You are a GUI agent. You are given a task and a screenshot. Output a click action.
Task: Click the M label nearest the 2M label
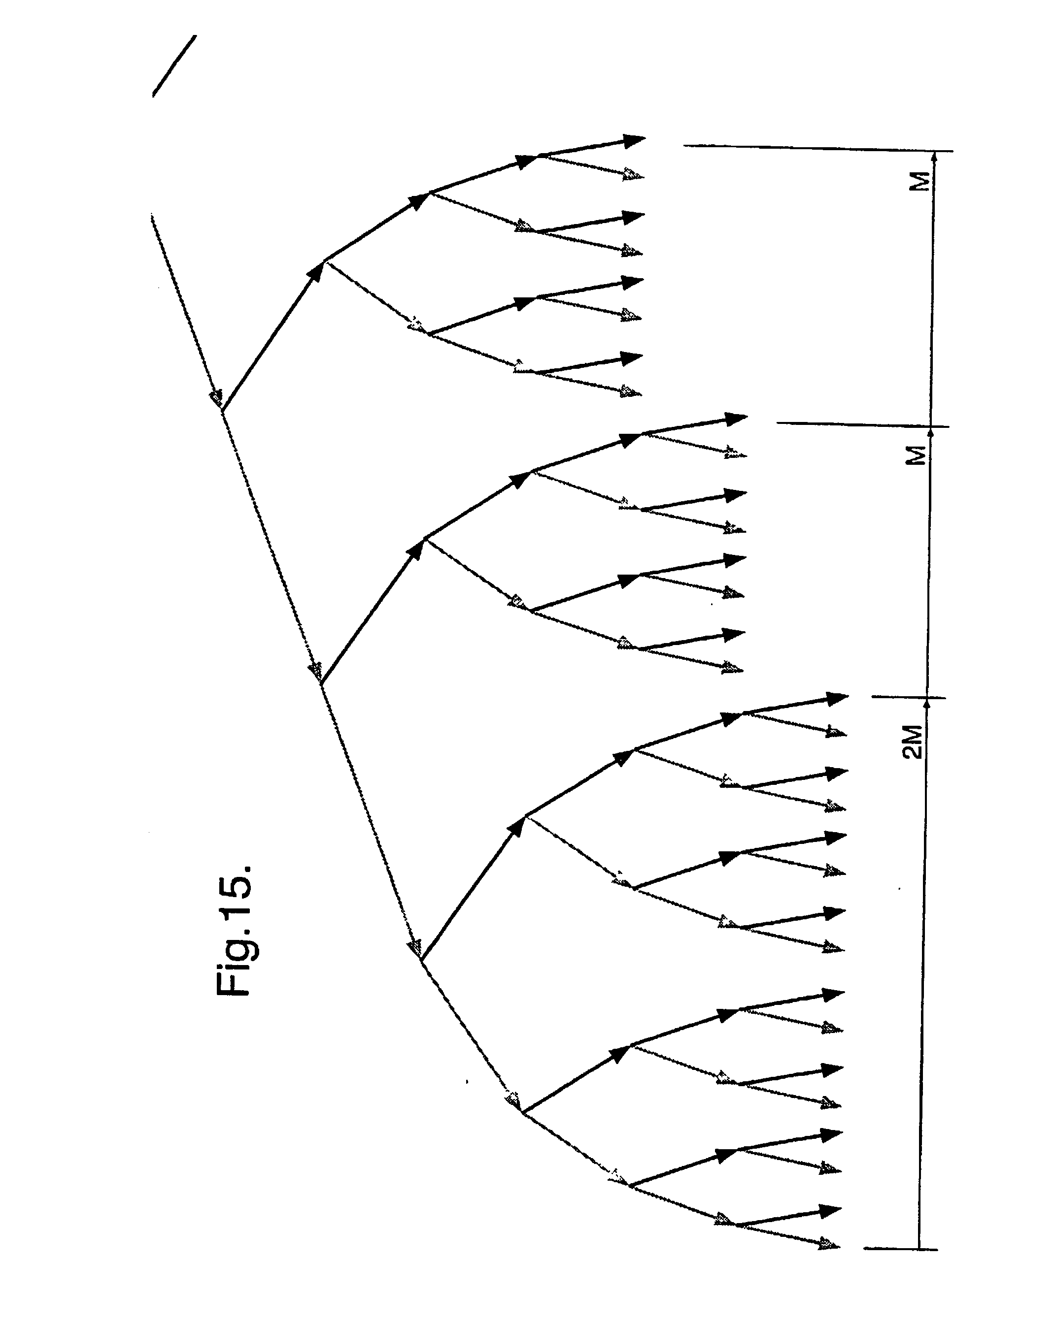tap(916, 455)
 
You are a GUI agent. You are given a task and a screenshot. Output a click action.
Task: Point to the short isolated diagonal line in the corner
tap(174, 65)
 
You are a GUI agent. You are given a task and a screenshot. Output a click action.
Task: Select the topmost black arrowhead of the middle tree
tap(735, 420)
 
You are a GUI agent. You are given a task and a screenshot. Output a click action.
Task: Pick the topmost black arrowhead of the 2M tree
tap(836, 699)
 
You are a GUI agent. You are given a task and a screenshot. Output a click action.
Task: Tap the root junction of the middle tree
tap(321, 683)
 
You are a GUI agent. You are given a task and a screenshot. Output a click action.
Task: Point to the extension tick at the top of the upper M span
tap(817, 148)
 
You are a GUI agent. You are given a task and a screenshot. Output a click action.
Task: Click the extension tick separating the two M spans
tap(863, 424)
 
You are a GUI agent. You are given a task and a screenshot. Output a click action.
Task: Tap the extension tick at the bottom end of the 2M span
tap(900, 1249)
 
